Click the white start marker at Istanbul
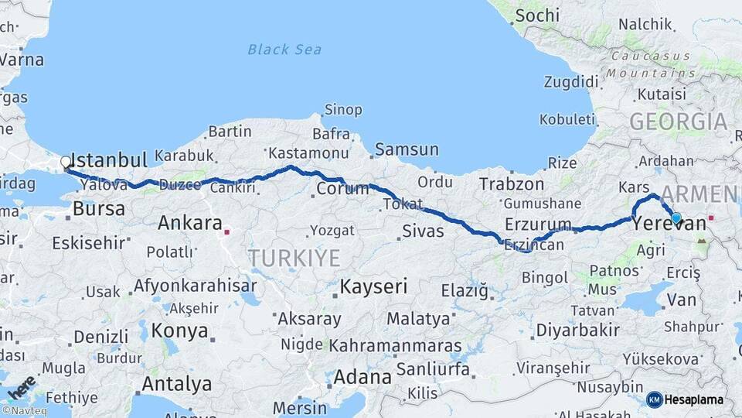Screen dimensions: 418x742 click(66, 163)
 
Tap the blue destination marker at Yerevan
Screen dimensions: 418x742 click(676, 218)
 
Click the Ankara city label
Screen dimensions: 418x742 click(190, 224)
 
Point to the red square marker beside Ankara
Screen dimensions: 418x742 click(227, 231)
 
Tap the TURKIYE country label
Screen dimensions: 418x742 click(294, 258)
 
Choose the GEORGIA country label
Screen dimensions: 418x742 click(678, 122)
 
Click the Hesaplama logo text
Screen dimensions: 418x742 click(695, 399)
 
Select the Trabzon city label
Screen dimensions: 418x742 click(512, 184)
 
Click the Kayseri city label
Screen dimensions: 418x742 click(373, 286)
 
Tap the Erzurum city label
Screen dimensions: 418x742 click(538, 224)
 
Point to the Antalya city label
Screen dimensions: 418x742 click(177, 383)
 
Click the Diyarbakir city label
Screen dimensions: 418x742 click(578, 330)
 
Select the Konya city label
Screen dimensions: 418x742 click(180, 331)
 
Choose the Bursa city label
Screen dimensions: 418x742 click(98, 208)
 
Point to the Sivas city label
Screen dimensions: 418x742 click(423, 231)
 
